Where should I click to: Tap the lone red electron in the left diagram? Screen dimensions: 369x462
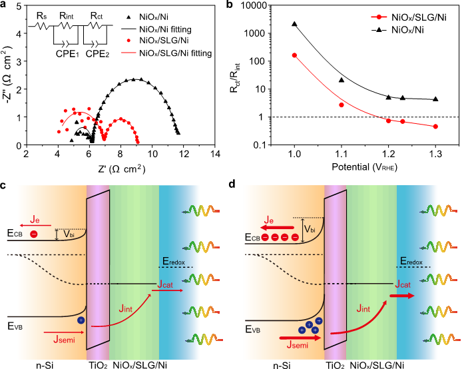[34, 234]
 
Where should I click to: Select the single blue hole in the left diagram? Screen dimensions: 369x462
[81, 320]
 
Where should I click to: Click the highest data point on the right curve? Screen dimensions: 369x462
[294, 55]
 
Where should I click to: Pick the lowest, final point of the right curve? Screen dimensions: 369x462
[435, 126]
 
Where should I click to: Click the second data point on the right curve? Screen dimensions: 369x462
[342, 105]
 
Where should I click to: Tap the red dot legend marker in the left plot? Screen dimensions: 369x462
[128, 41]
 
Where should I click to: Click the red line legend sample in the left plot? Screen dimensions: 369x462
[129, 52]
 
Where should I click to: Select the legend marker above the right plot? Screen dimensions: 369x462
[379, 17]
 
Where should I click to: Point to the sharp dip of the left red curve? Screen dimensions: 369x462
[104, 138]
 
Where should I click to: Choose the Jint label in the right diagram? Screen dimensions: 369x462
[363, 308]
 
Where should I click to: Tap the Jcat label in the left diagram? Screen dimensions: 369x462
[165, 285]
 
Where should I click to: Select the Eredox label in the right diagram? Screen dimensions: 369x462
[411, 262]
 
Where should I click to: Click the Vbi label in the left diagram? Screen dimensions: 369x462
[69, 234]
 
